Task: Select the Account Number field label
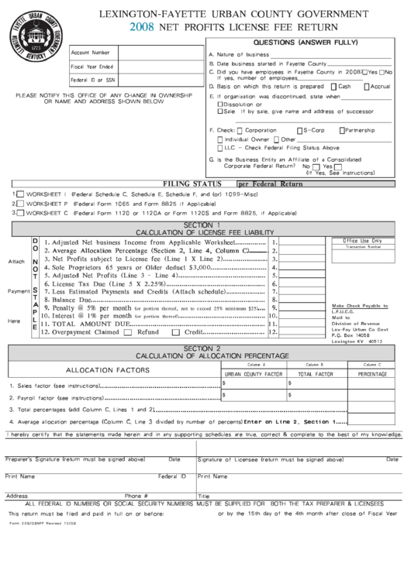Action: pyautogui.click(x=91, y=52)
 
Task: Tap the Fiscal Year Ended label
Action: pyautogui.click(x=92, y=66)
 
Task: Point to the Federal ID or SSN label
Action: pyautogui.click(x=93, y=80)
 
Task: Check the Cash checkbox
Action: pyautogui.click(x=333, y=87)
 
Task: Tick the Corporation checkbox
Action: pyautogui.click(x=240, y=130)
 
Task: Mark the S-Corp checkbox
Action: pyautogui.click(x=299, y=130)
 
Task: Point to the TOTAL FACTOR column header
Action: pyautogui.click(x=316, y=373)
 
